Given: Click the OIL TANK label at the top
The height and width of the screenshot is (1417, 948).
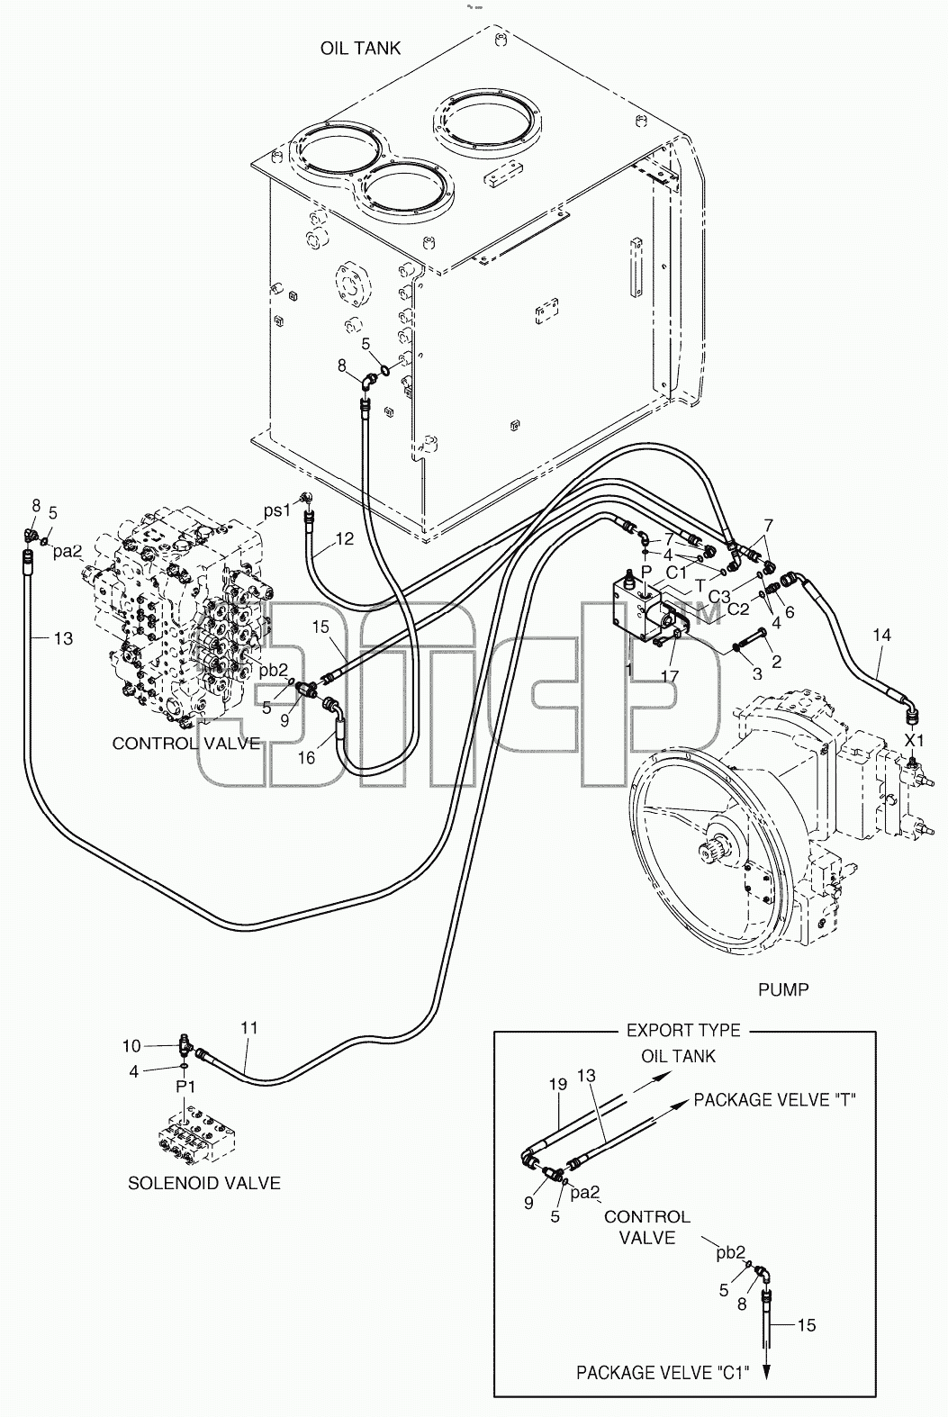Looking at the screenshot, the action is point(360,48).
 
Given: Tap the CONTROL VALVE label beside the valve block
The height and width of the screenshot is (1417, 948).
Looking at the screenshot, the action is point(186,744).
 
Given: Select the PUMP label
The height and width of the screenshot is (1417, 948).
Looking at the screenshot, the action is point(783,989).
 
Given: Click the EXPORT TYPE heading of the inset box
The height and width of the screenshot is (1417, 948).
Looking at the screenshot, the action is point(683,1031).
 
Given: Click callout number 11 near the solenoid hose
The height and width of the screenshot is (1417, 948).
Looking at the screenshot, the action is point(249,1028).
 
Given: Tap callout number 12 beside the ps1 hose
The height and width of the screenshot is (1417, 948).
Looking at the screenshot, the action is point(345,538).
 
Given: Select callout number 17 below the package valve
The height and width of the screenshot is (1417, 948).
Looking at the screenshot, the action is point(669,676).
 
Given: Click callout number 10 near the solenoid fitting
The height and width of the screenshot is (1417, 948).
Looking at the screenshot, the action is point(131,1046).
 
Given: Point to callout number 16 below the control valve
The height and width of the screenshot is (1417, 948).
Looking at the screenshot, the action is point(306,757).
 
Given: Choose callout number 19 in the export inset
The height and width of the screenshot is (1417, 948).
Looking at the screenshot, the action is point(558,1084).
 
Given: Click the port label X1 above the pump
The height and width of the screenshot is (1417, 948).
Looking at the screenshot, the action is point(914,740).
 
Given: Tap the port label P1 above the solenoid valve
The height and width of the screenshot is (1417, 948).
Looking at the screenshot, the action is point(185,1087).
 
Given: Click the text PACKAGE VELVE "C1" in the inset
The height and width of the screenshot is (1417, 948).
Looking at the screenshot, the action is point(662,1373).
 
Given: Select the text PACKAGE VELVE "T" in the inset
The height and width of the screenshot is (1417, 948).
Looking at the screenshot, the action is point(775,1100).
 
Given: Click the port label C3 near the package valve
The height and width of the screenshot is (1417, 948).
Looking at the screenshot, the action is point(719,597).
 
